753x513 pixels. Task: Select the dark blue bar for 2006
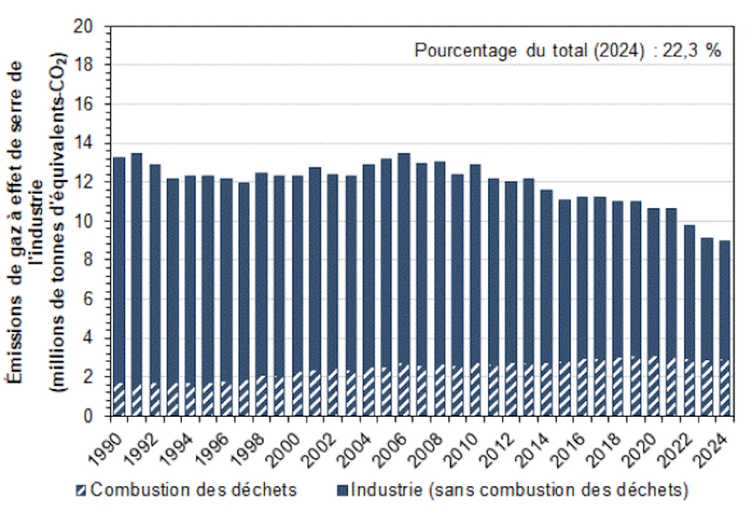point(404,258)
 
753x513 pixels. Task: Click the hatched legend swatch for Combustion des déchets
point(81,490)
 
